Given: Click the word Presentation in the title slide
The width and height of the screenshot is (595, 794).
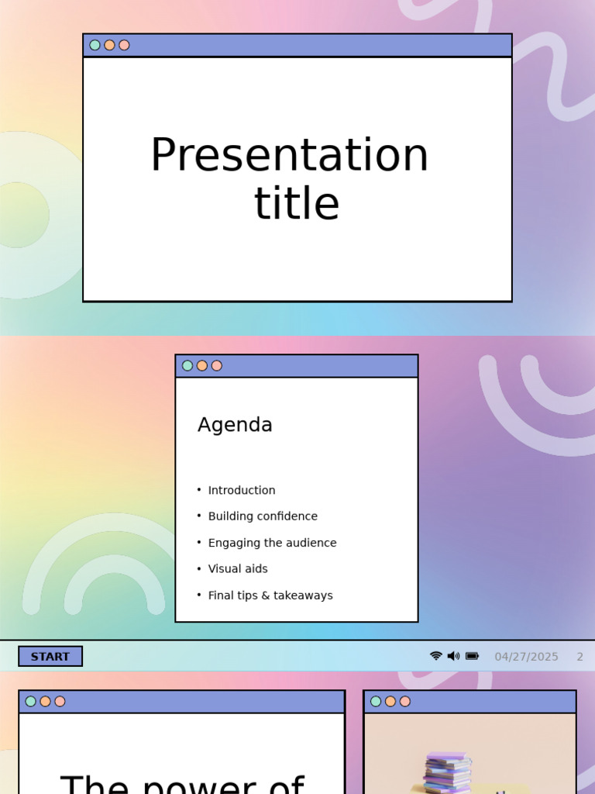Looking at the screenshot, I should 289,155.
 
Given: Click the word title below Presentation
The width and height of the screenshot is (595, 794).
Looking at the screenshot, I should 297,204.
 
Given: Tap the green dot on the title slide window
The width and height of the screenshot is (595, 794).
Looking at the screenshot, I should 95,45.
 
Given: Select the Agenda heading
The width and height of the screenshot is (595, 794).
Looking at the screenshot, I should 235,425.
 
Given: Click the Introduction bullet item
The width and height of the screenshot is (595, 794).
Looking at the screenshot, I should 241,490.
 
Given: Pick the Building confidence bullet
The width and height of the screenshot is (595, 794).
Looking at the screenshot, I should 263,516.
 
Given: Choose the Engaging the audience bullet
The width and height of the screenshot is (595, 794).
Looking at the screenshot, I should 272,543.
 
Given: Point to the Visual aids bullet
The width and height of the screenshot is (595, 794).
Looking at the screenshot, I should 238,569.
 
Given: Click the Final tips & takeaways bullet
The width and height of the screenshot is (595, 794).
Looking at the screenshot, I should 270,595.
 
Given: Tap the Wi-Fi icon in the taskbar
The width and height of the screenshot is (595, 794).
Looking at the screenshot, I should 436,656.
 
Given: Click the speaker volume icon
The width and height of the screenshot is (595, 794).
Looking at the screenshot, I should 453,656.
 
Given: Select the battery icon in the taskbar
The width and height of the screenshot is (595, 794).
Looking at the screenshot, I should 472,656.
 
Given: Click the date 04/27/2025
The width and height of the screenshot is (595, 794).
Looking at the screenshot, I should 526,657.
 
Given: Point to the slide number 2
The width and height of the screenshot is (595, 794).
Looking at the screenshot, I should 580,657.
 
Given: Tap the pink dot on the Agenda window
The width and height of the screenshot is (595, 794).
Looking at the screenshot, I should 217,366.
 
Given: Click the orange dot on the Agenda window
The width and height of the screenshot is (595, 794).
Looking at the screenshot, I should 202,366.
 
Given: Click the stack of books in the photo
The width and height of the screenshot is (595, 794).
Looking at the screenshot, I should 448,773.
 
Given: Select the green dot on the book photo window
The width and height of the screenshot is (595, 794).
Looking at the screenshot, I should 376,702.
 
